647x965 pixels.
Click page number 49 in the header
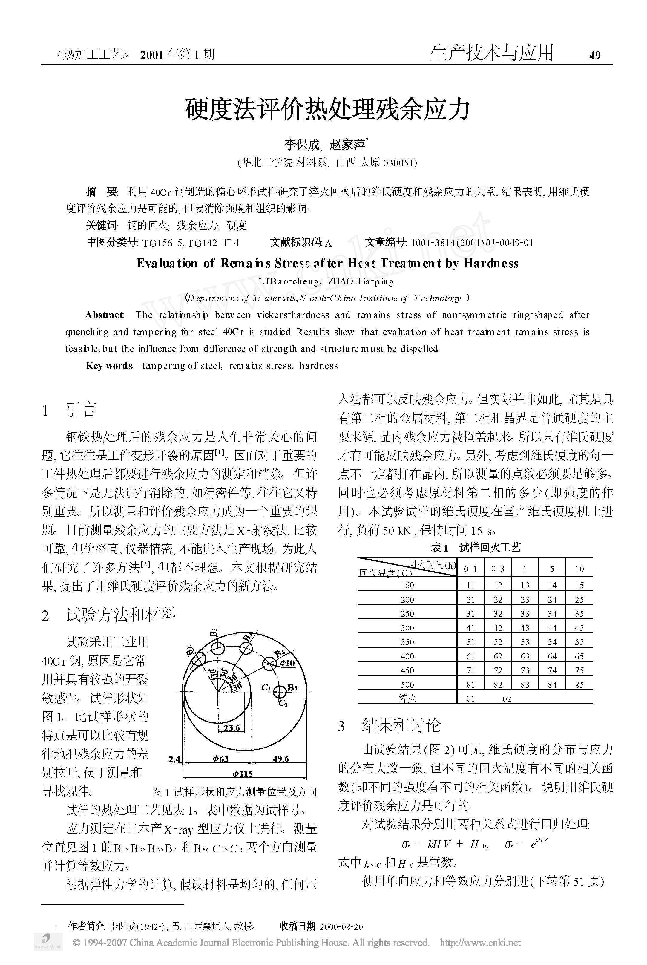[x=595, y=55]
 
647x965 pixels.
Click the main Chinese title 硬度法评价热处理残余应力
[x=327, y=109]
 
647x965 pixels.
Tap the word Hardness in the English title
[x=491, y=263]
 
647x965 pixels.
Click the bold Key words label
[x=109, y=366]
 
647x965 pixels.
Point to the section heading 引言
[x=81, y=410]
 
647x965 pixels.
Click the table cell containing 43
[x=525, y=628]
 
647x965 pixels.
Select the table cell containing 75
[x=579, y=671]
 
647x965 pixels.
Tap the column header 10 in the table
[x=579, y=569]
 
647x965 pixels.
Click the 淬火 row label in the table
[x=407, y=699]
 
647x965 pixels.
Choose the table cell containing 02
[x=507, y=699]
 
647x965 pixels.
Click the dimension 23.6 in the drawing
[x=232, y=728]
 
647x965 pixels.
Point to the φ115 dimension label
[x=243, y=773]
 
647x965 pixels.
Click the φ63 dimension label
[x=220, y=759]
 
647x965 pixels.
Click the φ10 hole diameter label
[x=287, y=663]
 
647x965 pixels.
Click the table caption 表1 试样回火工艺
[x=475, y=548]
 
